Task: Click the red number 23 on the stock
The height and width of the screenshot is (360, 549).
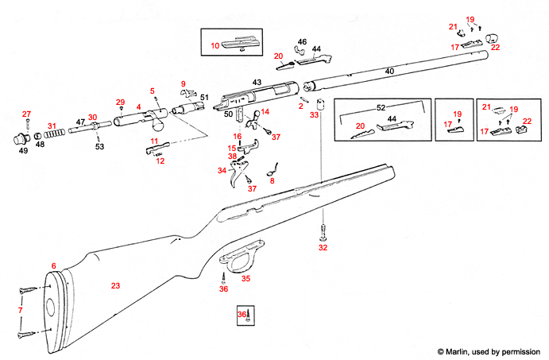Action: click(x=115, y=285)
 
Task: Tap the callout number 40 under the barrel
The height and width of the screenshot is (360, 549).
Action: click(x=389, y=72)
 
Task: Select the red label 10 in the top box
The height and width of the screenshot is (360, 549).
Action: click(x=215, y=47)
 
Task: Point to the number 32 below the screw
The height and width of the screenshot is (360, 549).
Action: click(x=323, y=248)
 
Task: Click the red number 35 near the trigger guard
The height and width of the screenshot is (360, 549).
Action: click(x=246, y=278)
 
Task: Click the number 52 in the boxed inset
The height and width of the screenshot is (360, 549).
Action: click(x=380, y=106)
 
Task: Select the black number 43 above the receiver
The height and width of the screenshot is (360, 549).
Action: click(x=257, y=83)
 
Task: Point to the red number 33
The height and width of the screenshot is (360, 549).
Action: click(x=314, y=115)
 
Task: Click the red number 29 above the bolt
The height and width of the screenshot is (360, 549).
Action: click(x=121, y=102)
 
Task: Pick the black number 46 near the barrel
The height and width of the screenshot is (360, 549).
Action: click(x=302, y=41)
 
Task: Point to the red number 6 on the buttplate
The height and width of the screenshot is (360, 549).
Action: click(x=54, y=265)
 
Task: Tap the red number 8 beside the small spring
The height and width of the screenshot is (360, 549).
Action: click(x=273, y=181)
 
